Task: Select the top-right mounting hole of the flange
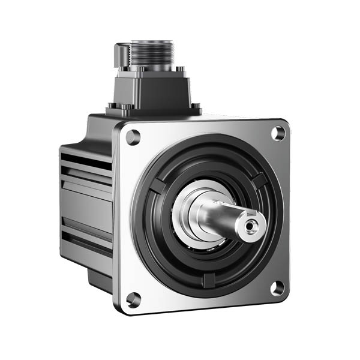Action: (278, 133)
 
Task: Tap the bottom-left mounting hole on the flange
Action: (134, 299)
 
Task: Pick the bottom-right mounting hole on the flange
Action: (277, 289)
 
